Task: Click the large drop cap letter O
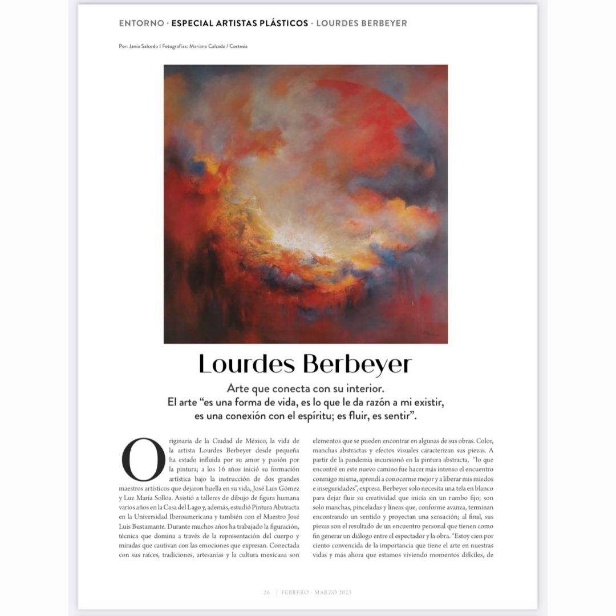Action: click(139, 460)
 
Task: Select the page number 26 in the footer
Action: click(266, 592)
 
